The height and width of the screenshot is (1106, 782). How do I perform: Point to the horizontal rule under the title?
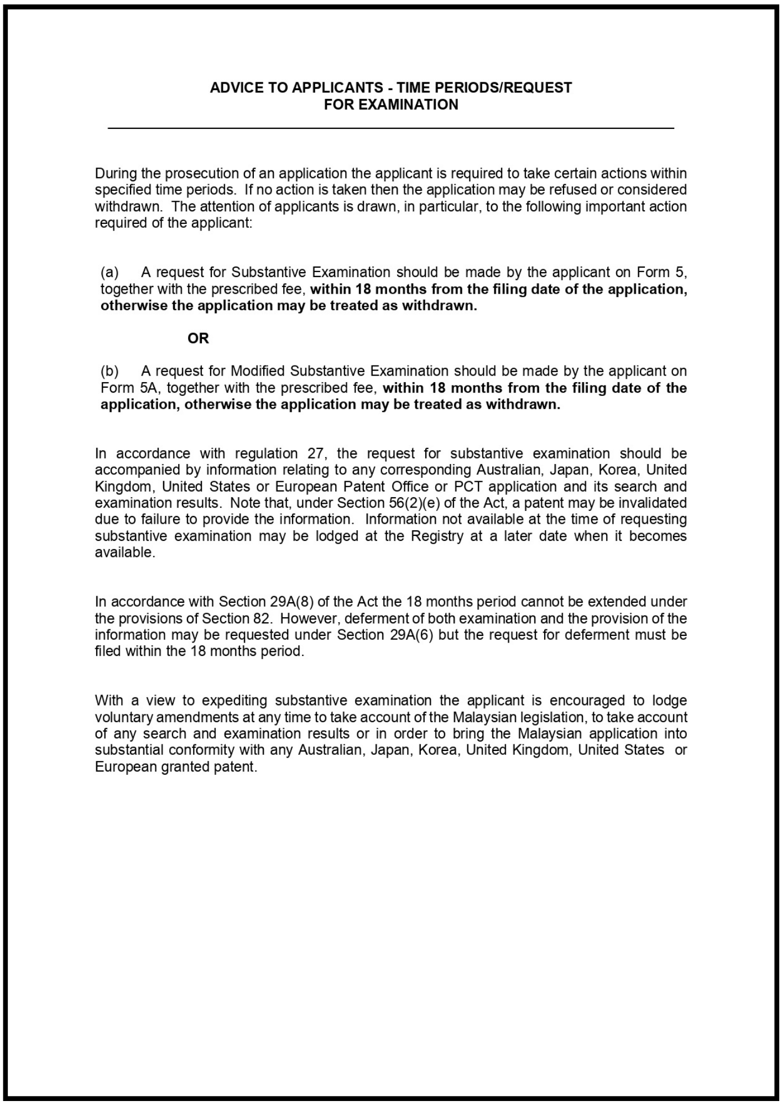(x=390, y=128)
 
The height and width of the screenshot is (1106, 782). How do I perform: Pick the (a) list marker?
(x=110, y=272)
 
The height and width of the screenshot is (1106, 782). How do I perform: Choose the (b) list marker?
(x=110, y=371)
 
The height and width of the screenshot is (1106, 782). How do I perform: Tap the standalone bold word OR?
(x=198, y=338)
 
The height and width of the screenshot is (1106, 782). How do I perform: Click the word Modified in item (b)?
(x=257, y=371)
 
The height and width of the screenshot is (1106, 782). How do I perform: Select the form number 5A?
(x=148, y=388)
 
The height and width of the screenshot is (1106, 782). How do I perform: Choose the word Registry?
(x=437, y=536)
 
